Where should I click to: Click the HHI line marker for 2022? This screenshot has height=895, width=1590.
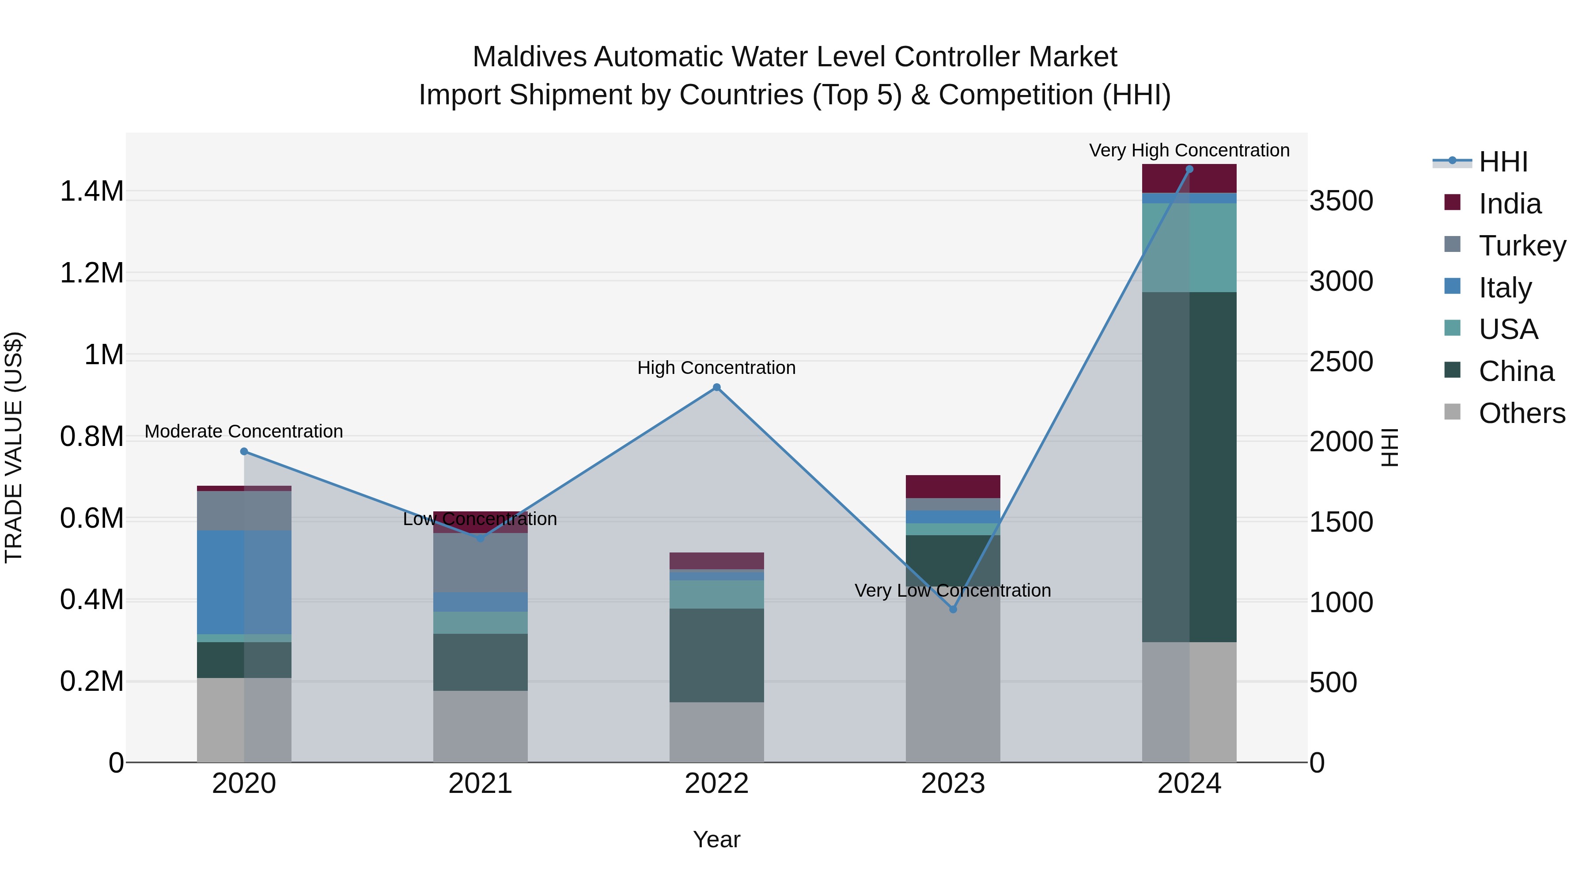(x=717, y=387)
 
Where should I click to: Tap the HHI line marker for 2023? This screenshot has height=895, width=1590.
(x=953, y=609)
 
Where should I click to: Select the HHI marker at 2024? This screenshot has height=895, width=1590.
(x=1189, y=169)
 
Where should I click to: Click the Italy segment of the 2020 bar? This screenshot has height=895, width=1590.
(x=244, y=582)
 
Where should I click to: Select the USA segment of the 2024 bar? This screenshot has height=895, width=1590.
(x=1189, y=247)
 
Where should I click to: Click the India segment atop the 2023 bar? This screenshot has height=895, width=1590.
(x=953, y=486)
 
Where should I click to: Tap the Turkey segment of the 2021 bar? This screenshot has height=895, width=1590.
(x=480, y=562)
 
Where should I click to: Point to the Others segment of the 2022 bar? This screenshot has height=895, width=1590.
(x=717, y=731)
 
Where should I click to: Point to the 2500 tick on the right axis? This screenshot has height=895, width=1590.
(x=1342, y=362)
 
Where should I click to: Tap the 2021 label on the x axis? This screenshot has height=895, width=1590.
(x=480, y=784)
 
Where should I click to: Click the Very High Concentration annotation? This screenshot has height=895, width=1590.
(x=1189, y=150)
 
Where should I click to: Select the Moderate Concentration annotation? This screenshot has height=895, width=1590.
(x=244, y=431)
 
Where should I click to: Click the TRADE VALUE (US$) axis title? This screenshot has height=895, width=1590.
(x=14, y=447)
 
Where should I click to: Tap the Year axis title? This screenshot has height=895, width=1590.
(x=717, y=839)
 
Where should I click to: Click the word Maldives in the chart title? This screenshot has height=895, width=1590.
(x=529, y=57)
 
